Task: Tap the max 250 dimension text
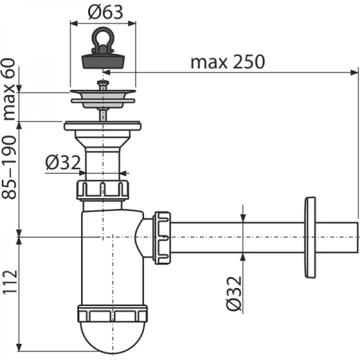pyautogui.click(x=227, y=62)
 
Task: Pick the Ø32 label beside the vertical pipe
pyautogui.click(x=62, y=162)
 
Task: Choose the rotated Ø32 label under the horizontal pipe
pyautogui.click(x=234, y=292)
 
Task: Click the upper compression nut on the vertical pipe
pyautogui.click(x=103, y=190)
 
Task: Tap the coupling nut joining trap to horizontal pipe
pyautogui.click(x=162, y=237)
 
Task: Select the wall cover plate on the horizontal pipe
pyautogui.click(x=310, y=237)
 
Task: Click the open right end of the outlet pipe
pyautogui.click(x=355, y=237)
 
